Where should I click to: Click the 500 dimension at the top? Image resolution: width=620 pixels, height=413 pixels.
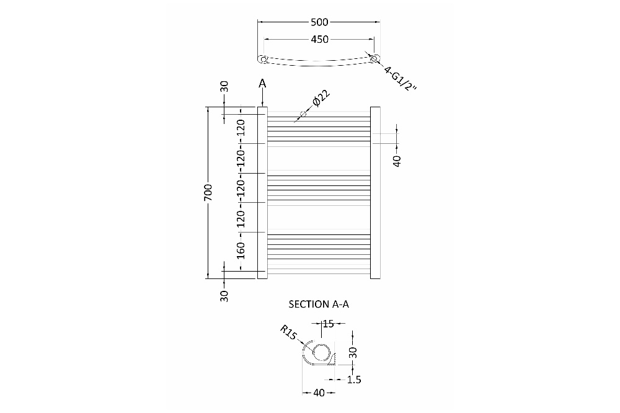point(319,22)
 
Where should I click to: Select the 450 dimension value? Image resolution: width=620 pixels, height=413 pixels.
point(319,40)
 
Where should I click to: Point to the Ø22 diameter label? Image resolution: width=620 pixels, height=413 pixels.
point(321,99)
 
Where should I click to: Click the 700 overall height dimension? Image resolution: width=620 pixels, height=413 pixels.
point(208,193)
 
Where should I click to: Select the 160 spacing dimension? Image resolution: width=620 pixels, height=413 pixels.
point(241,251)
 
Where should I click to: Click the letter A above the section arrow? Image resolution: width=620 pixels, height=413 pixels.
point(262,84)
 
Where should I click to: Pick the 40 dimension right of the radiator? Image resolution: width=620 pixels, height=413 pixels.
point(397,161)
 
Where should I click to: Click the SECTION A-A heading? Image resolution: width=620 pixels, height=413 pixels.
point(319,304)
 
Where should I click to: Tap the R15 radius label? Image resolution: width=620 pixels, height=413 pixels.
point(288,332)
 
